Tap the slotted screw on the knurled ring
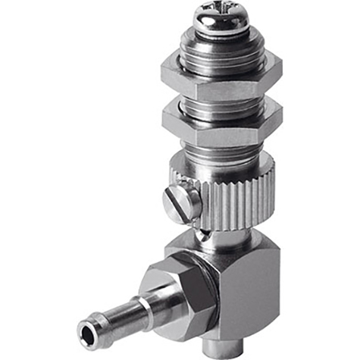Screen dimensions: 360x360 183,204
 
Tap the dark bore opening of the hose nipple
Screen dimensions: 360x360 85,330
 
